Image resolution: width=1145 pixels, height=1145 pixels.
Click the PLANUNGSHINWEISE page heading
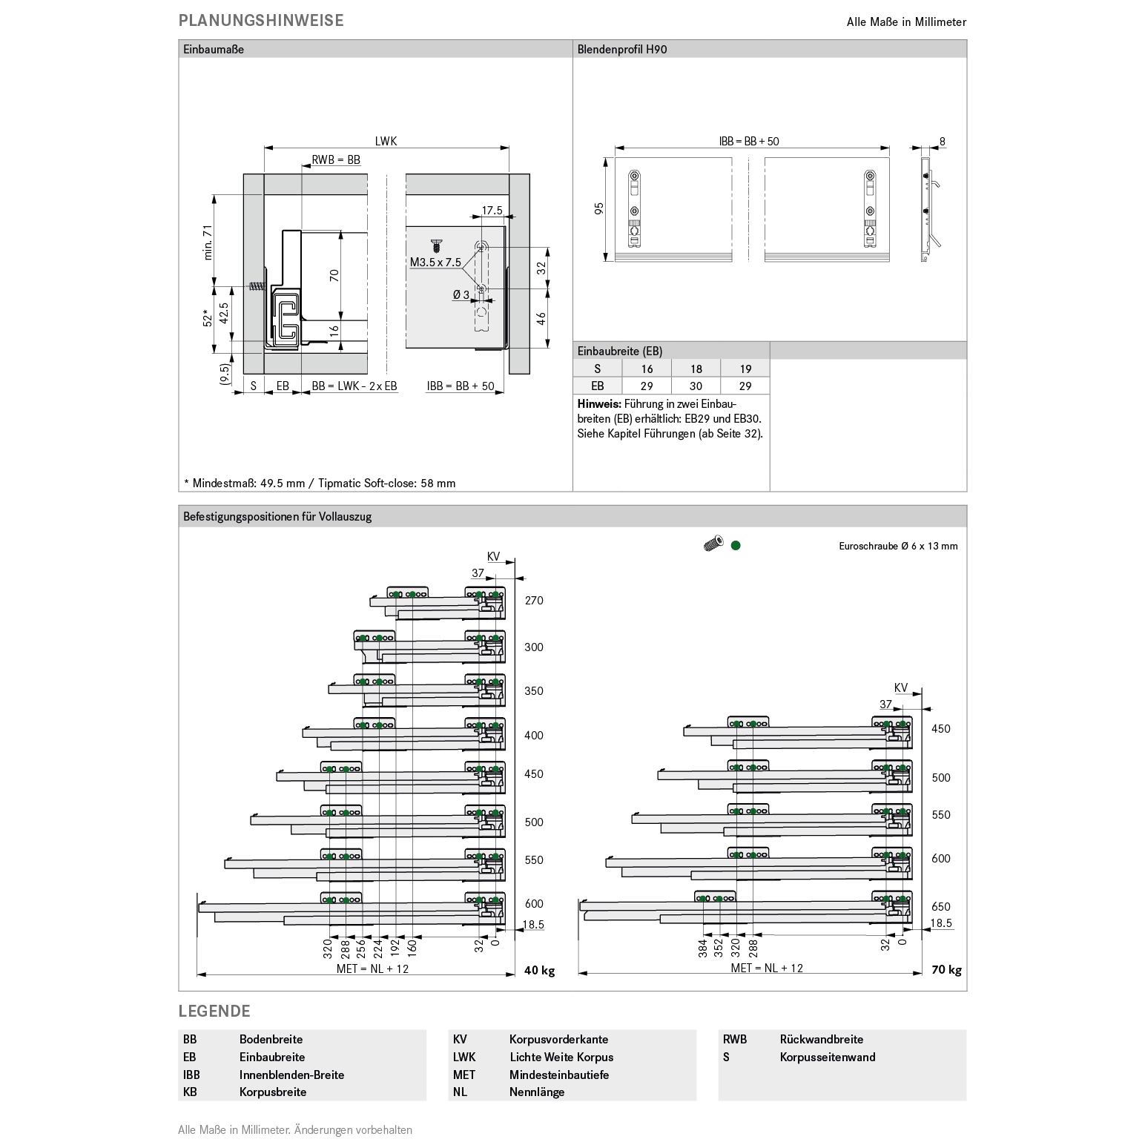pyautogui.click(x=261, y=21)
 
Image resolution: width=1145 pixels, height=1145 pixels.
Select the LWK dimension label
pyautogui.click(x=386, y=141)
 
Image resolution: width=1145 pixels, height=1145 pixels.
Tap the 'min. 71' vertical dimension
pyautogui.click(x=208, y=242)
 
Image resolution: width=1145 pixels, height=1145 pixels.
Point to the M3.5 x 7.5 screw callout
pyautogui.click(x=436, y=262)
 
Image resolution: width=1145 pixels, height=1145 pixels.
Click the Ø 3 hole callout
pyautogui.click(x=461, y=294)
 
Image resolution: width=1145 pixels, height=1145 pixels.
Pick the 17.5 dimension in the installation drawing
pyautogui.click(x=492, y=211)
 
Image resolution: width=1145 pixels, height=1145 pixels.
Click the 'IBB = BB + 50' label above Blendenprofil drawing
pyautogui.click(x=749, y=141)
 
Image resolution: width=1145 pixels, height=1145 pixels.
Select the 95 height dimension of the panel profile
pyautogui.click(x=600, y=209)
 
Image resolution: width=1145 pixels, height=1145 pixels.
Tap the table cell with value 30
pyautogui.click(x=696, y=386)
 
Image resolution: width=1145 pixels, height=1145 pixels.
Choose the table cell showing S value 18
pyautogui.click(x=696, y=369)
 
